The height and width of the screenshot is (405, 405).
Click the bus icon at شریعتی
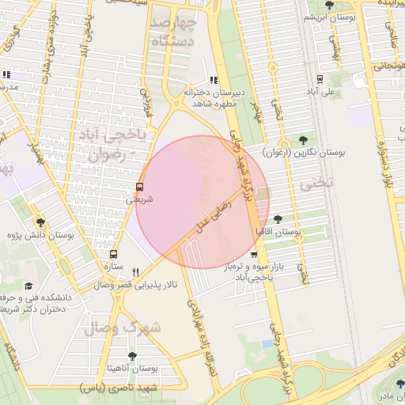click(x=140, y=187)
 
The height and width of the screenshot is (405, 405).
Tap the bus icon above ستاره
click(x=114, y=255)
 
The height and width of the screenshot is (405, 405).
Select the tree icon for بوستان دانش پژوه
click(x=40, y=223)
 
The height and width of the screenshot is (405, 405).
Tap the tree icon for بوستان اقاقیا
click(x=278, y=219)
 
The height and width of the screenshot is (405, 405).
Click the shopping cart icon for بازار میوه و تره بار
click(x=253, y=254)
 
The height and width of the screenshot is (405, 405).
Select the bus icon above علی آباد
click(x=320, y=78)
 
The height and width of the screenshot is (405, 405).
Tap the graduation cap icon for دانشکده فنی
click(x=28, y=286)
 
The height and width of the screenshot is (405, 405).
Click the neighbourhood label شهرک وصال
click(x=121, y=326)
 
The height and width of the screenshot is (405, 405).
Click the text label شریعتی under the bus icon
click(x=140, y=200)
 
